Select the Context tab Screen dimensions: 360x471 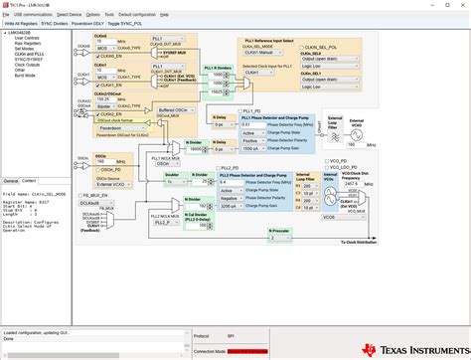[28, 181]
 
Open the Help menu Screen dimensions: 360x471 [164, 15]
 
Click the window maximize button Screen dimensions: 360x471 [449, 4]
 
